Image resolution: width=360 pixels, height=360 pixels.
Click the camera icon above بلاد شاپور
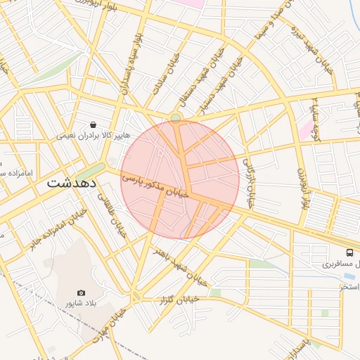pyautogui.click(x=81, y=292)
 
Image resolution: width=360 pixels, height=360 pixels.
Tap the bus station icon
pyautogui.click(x=349, y=252)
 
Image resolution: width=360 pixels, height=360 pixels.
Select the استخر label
pyautogui.click(x=349, y=287)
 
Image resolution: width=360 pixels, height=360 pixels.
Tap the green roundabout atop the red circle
pyautogui.click(x=175, y=117)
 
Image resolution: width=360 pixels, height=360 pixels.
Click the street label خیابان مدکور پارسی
pyautogui.click(x=157, y=187)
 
